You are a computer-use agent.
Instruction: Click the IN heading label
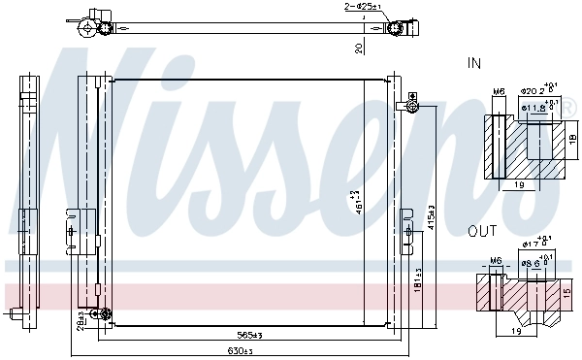click(474, 63)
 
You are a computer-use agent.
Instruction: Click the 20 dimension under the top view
click(358, 47)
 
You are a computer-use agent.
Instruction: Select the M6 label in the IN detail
click(499, 92)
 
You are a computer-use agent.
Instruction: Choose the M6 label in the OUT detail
click(496, 261)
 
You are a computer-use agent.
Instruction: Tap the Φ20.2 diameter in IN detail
click(536, 91)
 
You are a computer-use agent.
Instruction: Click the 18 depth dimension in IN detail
click(572, 140)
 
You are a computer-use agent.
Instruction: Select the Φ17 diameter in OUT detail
click(533, 245)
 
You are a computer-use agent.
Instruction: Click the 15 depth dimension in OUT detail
click(567, 292)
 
